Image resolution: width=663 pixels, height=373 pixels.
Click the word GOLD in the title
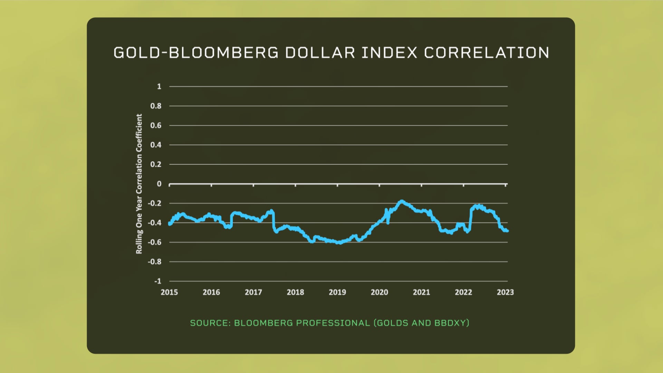pyautogui.click(x=137, y=53)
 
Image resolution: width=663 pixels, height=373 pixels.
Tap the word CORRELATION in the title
pyautogui.click(x=486, y=53)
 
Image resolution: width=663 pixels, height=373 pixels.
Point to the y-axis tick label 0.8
pyautogui.click(x=156, y=106)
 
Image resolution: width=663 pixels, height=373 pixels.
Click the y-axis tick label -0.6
pyautogui.click(x=155, y=242)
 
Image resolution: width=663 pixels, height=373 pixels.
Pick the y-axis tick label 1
pyautogui.click(x=159, y=86)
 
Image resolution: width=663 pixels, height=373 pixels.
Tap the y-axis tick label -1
pyautogui.click(x=158, y=281)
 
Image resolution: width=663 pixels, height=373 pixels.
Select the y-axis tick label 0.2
pyautogui.click(x=156, y=164)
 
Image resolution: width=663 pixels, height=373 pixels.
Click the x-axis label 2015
pyautogui.click(x=169, y=292)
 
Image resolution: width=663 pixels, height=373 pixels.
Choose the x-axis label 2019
pyautogui.click(x=337, y=292)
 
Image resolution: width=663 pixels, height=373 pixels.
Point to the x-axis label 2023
pyautogui.click(x=505, y=292)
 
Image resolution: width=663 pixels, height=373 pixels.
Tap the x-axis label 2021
pyautogui.click(x=421, y=292)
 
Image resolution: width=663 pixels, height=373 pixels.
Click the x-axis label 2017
pyautogui.click(x=253, y=292)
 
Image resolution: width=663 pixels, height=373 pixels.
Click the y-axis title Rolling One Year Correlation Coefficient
pyautogui.click(x=139, y=184)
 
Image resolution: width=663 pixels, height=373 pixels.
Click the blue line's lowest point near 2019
pyautogui.click(x=340, y=243)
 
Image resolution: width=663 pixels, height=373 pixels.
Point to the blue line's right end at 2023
pyautogui.click(x=507, y=231)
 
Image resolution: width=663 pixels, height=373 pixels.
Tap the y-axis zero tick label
pyautogui.click(x=159, y=184)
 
